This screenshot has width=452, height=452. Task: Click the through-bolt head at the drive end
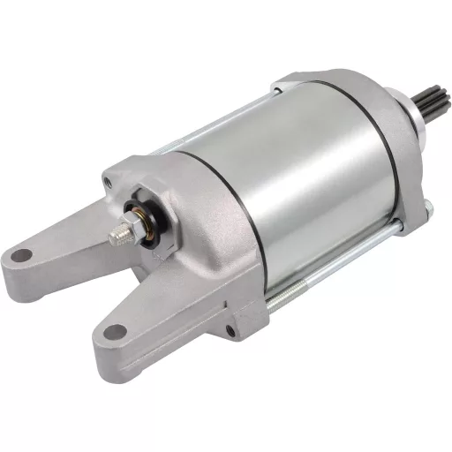point(427,210)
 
